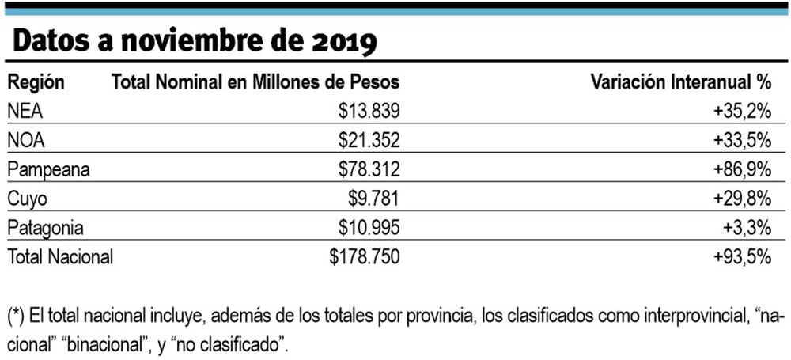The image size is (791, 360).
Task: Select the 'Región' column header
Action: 36,82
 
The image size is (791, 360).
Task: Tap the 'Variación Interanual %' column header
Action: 681,82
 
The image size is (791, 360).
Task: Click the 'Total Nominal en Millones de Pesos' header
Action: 255,82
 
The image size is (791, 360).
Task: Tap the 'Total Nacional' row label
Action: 60,256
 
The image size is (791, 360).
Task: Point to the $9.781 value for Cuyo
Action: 367,199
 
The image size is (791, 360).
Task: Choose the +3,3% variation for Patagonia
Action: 747,228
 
